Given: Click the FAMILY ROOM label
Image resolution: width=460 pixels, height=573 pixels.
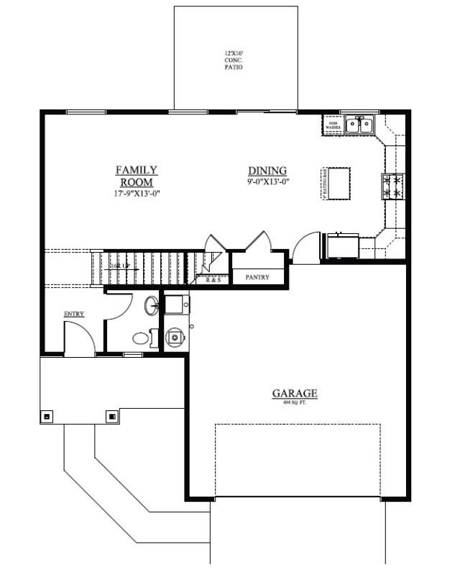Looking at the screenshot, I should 137,176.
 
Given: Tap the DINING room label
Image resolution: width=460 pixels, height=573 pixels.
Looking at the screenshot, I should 267,171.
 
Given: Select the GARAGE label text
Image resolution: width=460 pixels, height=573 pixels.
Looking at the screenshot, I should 294,393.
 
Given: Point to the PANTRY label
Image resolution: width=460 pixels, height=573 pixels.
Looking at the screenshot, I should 257,276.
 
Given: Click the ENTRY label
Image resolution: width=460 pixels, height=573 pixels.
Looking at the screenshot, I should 74,314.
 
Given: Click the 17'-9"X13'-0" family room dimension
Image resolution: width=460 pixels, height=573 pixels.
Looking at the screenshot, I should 136,194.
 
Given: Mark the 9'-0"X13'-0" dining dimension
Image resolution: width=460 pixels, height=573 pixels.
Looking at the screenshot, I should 267,182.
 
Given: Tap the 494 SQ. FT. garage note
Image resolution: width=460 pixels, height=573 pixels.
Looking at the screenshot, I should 294,403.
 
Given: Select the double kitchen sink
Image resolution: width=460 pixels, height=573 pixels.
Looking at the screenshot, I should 359,125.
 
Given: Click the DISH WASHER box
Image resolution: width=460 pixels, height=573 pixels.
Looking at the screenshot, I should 333,126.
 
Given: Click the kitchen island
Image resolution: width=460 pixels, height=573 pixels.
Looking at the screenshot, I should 340,183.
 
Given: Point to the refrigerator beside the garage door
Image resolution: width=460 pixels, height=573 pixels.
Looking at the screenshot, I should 343,246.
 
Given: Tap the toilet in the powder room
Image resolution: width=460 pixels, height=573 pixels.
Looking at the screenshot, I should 141,336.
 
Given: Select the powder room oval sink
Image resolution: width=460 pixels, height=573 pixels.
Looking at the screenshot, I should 152,306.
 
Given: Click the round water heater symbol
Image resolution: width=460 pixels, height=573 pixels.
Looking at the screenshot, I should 175,336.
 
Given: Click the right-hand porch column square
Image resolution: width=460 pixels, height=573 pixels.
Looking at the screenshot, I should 112,416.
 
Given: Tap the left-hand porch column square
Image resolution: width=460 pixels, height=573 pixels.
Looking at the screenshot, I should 47,416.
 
